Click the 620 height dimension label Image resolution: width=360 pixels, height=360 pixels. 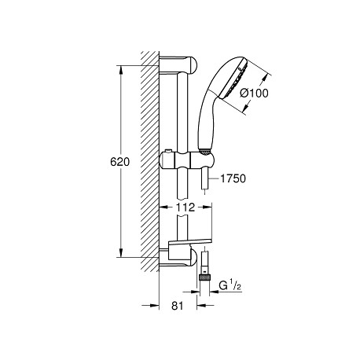click(x=119, y=162)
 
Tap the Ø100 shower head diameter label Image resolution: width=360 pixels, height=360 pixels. click(x=254, y=93)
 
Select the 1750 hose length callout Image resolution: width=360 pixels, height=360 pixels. click(x=233, y=178)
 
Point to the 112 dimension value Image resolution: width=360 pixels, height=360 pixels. click(x=186, y=208)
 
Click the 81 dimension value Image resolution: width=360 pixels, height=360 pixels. click(x=178, y=306)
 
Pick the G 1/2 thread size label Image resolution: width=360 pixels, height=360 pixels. click(x=230, y=285)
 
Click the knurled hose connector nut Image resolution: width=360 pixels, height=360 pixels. click(x=204, y=277)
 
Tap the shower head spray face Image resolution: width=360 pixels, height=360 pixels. click(x=233, y=79)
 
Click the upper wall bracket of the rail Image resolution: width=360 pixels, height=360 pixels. click(x=178, y=65)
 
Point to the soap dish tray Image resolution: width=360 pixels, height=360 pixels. click(x=189, y=242)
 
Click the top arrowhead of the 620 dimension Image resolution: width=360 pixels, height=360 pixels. click(x=121, y=69)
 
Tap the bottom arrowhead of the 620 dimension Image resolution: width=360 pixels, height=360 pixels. click(x=121, y=252)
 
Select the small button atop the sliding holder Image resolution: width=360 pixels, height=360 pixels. click(x=168, y=152)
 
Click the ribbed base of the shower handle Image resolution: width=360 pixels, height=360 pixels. click(x=204, y=151)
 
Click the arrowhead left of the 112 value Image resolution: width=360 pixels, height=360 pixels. click(x=163, y=207)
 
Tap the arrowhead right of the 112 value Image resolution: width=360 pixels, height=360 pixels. click(x=207, y=207)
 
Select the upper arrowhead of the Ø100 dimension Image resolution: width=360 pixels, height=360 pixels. click(x=266, y=79)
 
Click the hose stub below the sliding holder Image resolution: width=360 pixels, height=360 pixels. click(x=204, y=179)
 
